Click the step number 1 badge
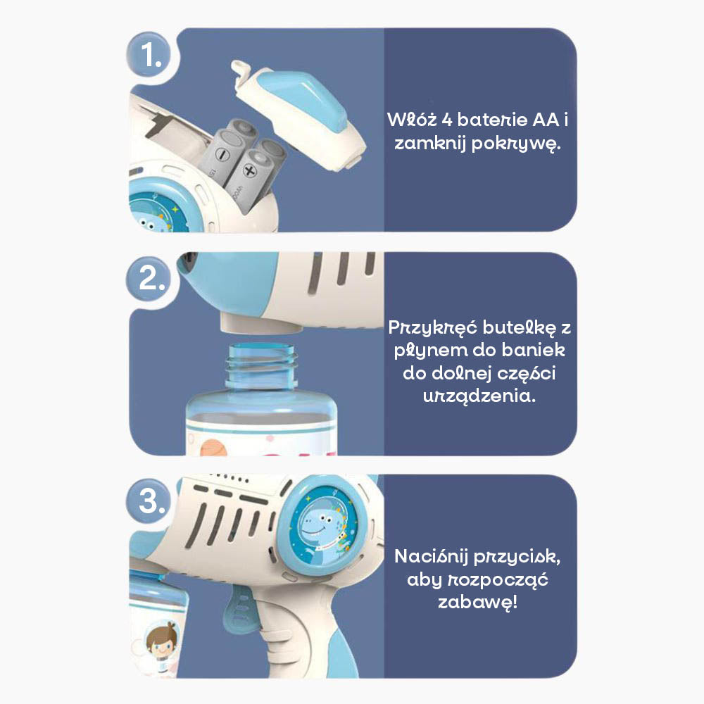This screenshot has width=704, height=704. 149,55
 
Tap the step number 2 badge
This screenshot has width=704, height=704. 149,279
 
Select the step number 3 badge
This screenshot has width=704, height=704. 149,501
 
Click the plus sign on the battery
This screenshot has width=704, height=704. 250,170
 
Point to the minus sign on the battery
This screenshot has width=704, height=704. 222,155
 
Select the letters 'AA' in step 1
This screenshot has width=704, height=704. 546,120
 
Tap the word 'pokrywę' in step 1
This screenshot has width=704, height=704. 516,144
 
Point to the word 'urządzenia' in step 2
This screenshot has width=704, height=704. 479,396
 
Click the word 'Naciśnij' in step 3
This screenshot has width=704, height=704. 431,557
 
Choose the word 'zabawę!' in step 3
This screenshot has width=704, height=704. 478,602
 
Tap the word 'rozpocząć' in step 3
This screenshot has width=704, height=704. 498,580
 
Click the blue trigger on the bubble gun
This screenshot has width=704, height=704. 242,607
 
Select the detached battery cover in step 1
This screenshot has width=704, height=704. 298,114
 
